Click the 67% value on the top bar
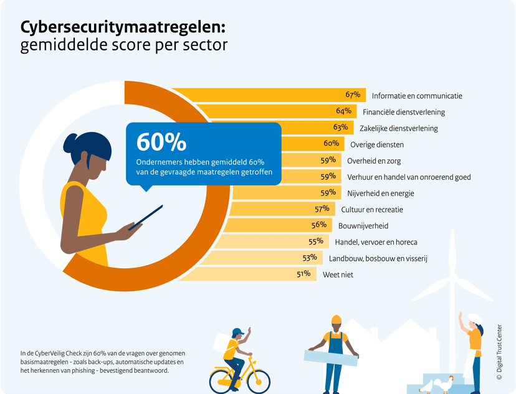[x=353, y=95]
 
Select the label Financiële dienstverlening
[x=404, y=112]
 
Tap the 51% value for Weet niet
[x=303, y=273]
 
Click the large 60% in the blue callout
[x=161, y=142]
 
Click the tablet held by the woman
[x=146, y=217]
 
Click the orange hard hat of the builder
[x=336, y=319]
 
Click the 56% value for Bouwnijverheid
[x=318, y=225]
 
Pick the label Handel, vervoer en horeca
[x=376, y=242]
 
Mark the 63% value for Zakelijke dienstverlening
[x=340, y=128]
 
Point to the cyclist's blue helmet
[x=237, y=332]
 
